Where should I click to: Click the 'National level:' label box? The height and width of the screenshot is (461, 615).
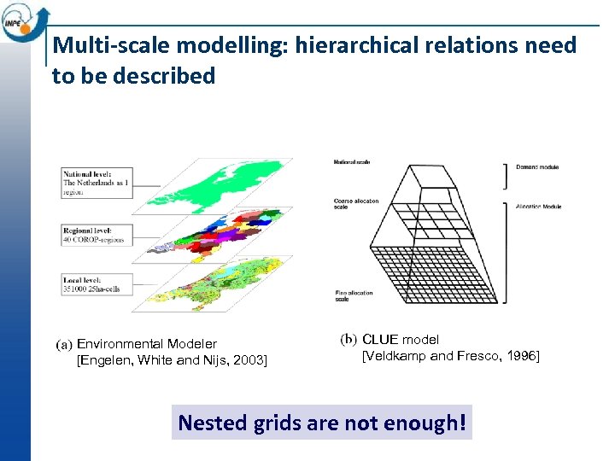point(97,183)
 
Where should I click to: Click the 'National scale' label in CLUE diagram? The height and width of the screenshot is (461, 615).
point(352,161)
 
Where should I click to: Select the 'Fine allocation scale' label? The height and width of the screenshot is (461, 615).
point(354,295)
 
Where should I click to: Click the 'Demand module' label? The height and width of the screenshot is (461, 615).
point(537,167)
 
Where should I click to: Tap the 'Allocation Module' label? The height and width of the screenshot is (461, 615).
point(539,206)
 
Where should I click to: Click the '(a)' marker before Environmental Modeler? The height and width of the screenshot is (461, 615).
point(65,345)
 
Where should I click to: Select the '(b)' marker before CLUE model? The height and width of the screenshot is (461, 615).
point(348,340)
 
